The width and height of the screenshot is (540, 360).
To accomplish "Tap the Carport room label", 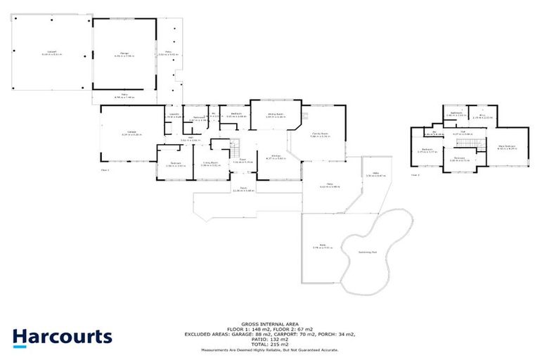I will coord(51,53).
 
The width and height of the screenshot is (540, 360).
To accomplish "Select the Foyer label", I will coord(241,160).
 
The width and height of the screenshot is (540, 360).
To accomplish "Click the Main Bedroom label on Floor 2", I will coord(506,146).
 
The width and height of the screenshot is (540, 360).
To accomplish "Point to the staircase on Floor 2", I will coord(467,144).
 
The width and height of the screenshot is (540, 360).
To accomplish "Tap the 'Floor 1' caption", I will coord(105,169).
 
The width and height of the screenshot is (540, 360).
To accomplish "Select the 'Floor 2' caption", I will coord(415,174).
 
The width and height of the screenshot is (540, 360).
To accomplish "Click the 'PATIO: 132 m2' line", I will coord(270,337).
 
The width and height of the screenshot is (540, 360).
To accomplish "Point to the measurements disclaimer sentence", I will coord(270,349).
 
